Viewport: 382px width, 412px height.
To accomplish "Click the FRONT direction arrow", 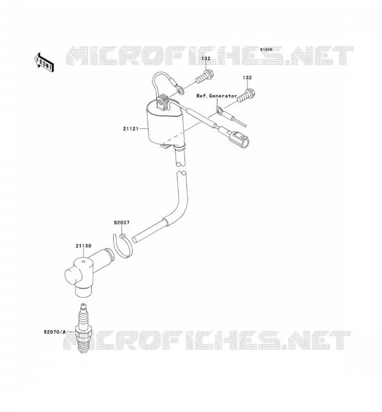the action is [x=44, y=62].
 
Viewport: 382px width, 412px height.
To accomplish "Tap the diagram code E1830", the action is [x=266, y=49].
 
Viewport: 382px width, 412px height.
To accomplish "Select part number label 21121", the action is [x=131, y=129].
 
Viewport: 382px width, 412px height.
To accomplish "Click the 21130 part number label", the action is [x=83, y=246].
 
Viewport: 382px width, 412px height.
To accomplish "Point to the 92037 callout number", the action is [x=121, y=222].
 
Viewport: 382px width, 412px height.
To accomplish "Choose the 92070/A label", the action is [x=55, y=332].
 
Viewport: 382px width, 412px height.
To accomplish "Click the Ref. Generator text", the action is [x=217, y=96].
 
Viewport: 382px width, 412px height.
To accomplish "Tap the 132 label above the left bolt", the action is [x=206, y=58].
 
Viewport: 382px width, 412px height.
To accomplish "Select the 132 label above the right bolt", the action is [x=247, y=78].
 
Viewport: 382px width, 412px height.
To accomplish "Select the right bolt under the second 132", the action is [x=246, y=95].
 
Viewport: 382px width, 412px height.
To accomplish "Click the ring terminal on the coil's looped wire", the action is [x=180, y=90].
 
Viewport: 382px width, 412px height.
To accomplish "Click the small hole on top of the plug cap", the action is [x=83, y=262].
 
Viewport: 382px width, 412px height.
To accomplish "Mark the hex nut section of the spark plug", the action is [x=84, y=332].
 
